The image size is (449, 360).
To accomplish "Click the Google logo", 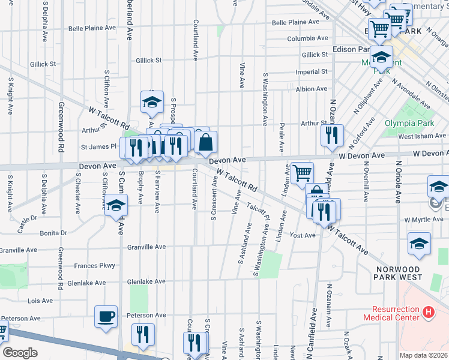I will coord(20,353).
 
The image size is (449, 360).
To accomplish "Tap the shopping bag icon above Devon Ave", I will coord(205,143).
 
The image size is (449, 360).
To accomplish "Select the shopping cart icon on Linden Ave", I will coord(302,173).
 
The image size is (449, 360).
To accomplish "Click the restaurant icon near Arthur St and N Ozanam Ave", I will coord(331,136).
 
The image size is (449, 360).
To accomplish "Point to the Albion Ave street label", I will coord(312,89).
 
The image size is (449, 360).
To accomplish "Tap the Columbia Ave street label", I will coord(307,38).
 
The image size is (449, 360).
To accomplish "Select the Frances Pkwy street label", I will coord(94,265).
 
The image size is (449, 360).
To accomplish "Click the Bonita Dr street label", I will coord(54,233).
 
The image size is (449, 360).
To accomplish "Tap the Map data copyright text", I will coord(423,355).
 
